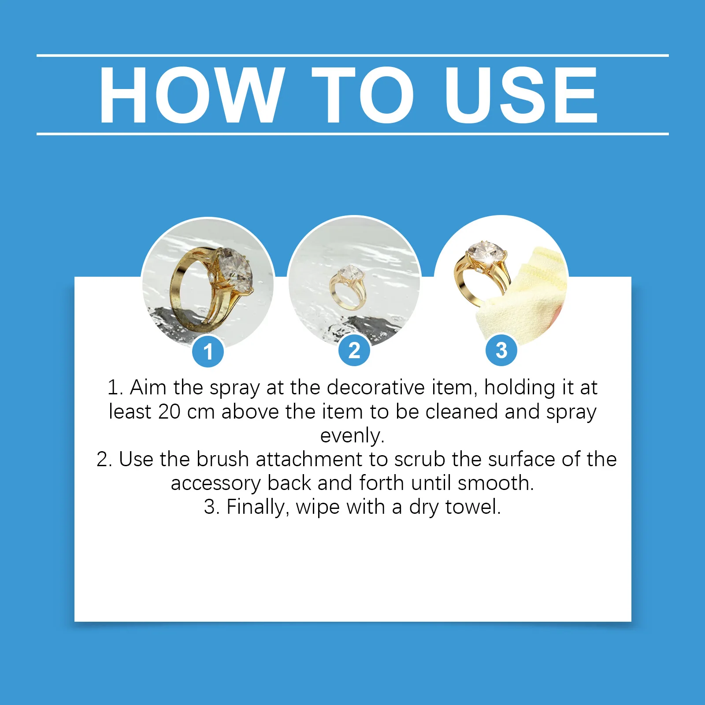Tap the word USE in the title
tap(521, 95)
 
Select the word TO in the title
tap(363, 95)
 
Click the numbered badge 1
tap(208, 351)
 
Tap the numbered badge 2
tap(354, 350)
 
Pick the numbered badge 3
tap(501, 350)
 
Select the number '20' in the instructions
tap(169, 412)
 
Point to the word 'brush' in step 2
tap(223, 459)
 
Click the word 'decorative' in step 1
tap(376, 387)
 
